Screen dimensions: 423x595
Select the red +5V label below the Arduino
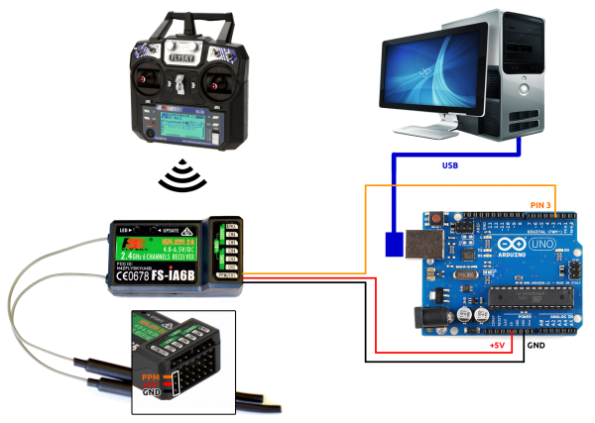(499, 346)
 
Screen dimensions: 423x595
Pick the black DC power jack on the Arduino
(430, 314)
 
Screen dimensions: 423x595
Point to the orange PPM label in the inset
(151, 376)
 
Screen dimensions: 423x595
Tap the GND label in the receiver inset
(151, 393)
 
